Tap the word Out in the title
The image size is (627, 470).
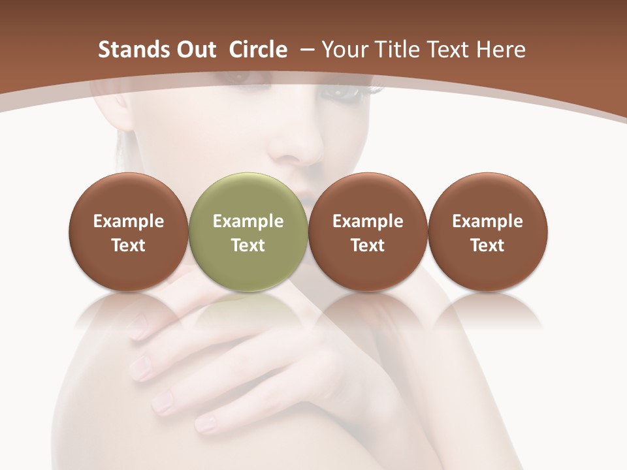[194, 50]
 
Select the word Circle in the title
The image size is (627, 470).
[258, 50]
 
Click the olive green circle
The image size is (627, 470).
[248, 196]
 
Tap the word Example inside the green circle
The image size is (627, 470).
[248, 221]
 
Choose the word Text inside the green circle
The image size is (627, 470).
[248, 245]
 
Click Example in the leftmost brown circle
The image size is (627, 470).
[129, 221]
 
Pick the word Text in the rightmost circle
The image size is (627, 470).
[487, 245]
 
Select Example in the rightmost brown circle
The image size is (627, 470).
[487, 221]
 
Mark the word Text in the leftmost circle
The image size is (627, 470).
[129, 245]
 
